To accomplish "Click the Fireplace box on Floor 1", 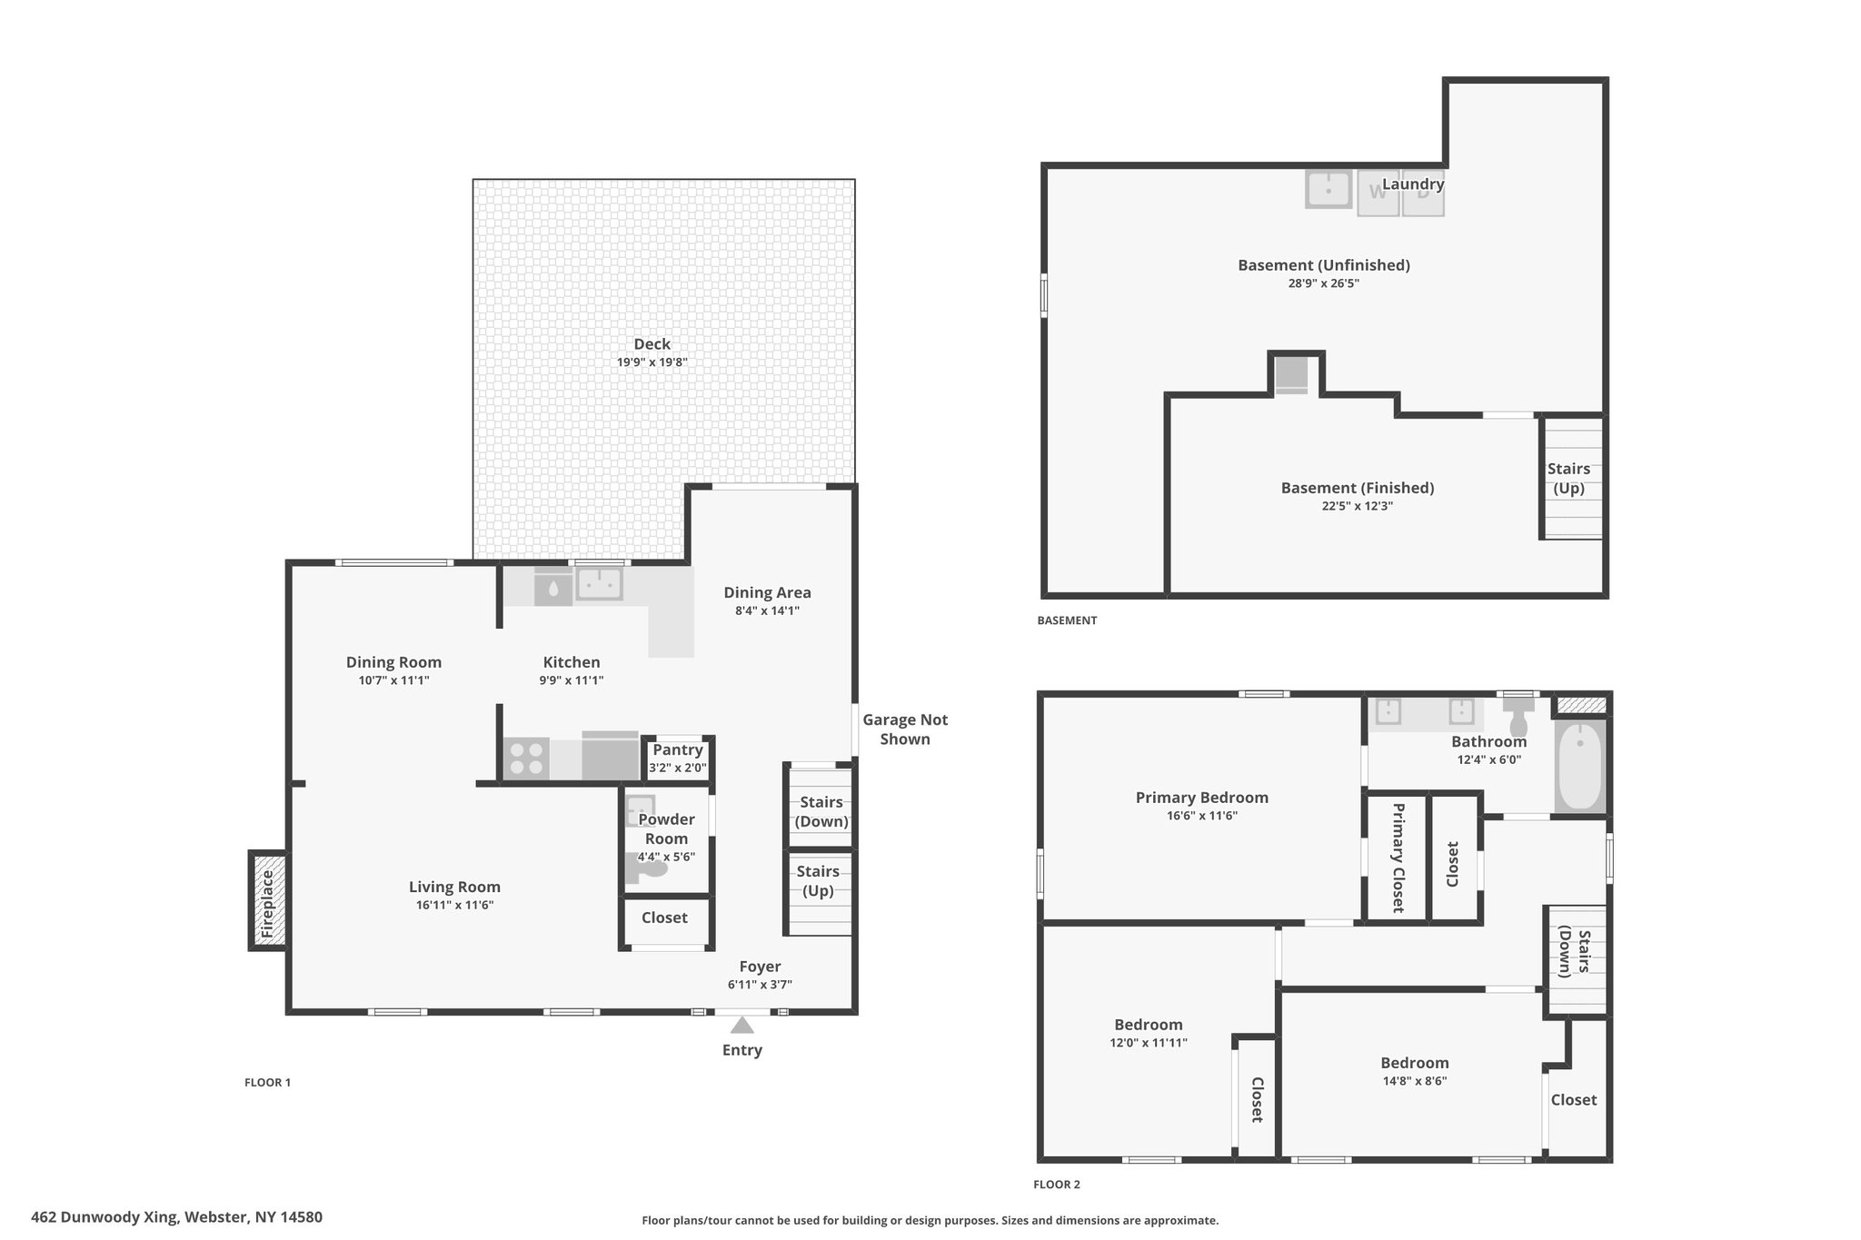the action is coord(268,900).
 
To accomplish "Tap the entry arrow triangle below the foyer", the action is coord(742,1025).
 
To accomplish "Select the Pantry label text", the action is coord(678,749).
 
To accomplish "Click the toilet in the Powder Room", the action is coord(646,868).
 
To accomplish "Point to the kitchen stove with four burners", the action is coord(526,759).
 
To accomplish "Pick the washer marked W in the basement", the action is coord(1378,193).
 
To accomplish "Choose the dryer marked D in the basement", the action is coord(1423,193).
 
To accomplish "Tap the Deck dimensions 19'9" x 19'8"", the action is coord(652,362).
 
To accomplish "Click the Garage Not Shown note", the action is coord(905,729).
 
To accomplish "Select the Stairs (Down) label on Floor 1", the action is coord(821,811).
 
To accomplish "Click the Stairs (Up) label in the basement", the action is coord(1569,478).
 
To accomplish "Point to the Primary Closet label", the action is coord(1398,858).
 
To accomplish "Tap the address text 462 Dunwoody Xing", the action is coord(104,1217).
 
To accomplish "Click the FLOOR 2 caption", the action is coord(1057,1185).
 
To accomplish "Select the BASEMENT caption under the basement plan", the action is coord(1067,620).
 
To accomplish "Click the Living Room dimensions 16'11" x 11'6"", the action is coord(454,905).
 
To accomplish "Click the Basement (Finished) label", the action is coord(1358,488).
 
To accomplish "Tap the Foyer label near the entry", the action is coord(760,967).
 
